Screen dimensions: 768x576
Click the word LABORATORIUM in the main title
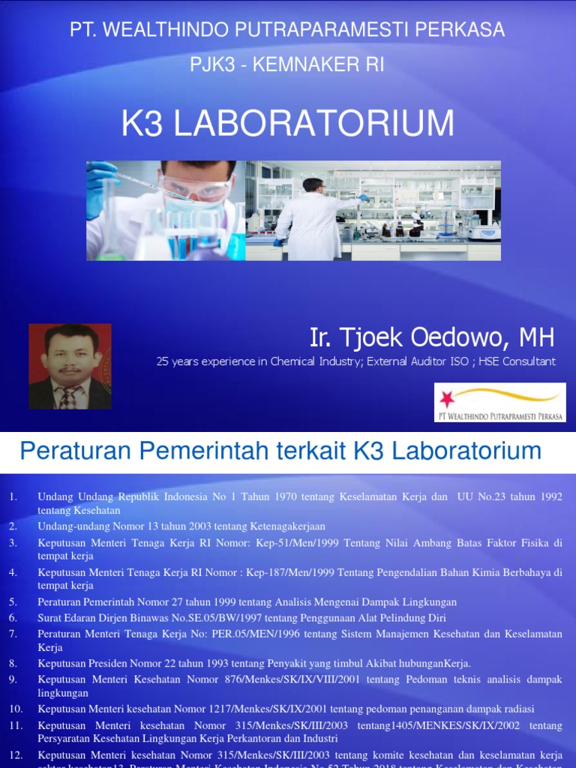[x=314, y=124]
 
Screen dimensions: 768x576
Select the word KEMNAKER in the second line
[x=307, y=65]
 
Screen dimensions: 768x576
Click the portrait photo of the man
[x=70, y=366]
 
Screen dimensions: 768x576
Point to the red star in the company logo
[x=448, y=397]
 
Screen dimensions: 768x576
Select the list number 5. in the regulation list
[x=13, y=601]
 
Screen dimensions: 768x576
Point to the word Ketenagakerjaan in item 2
[x=284, y=526]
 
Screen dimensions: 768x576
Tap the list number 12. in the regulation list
[x=16, y=754]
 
